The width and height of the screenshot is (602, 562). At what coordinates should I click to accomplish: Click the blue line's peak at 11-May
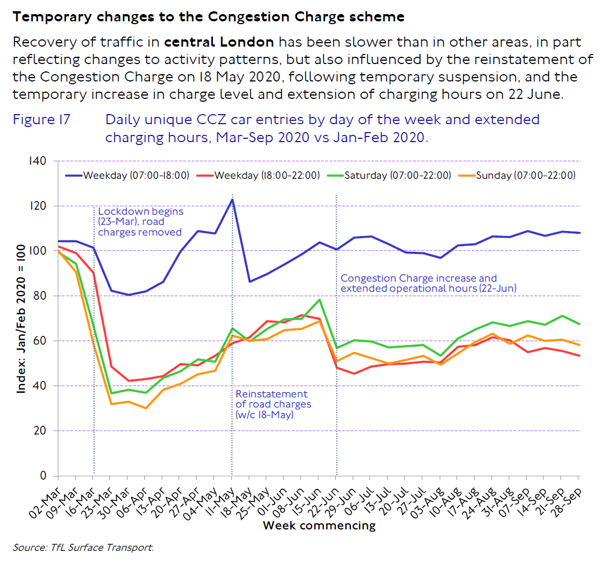click(232, 200)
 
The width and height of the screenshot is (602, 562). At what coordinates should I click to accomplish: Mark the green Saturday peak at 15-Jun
click(319, 300)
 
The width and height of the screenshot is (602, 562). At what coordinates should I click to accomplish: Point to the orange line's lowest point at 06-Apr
click(145, 408)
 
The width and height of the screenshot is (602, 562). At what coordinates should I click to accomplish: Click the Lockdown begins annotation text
click(140, 222)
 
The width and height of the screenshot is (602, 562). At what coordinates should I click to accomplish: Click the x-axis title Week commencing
click(319, 526)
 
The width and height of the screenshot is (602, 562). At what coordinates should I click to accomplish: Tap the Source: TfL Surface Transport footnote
click(83, 546)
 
